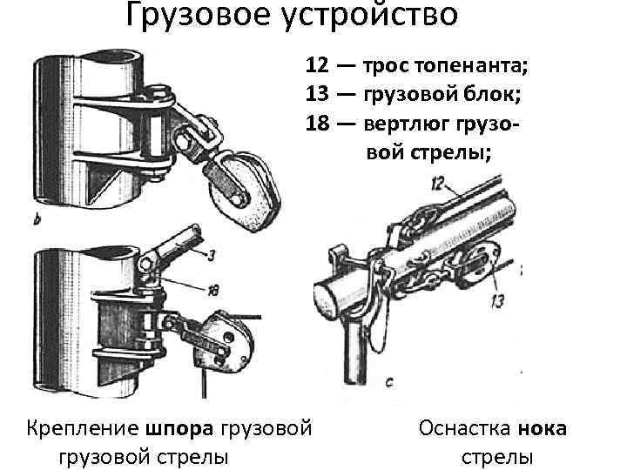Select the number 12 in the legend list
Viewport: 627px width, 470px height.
(318, 66)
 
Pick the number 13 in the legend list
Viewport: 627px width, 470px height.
(318, 94)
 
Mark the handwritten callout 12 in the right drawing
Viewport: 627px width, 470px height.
(437, 183)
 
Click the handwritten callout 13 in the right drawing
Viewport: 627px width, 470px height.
(497, 301)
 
